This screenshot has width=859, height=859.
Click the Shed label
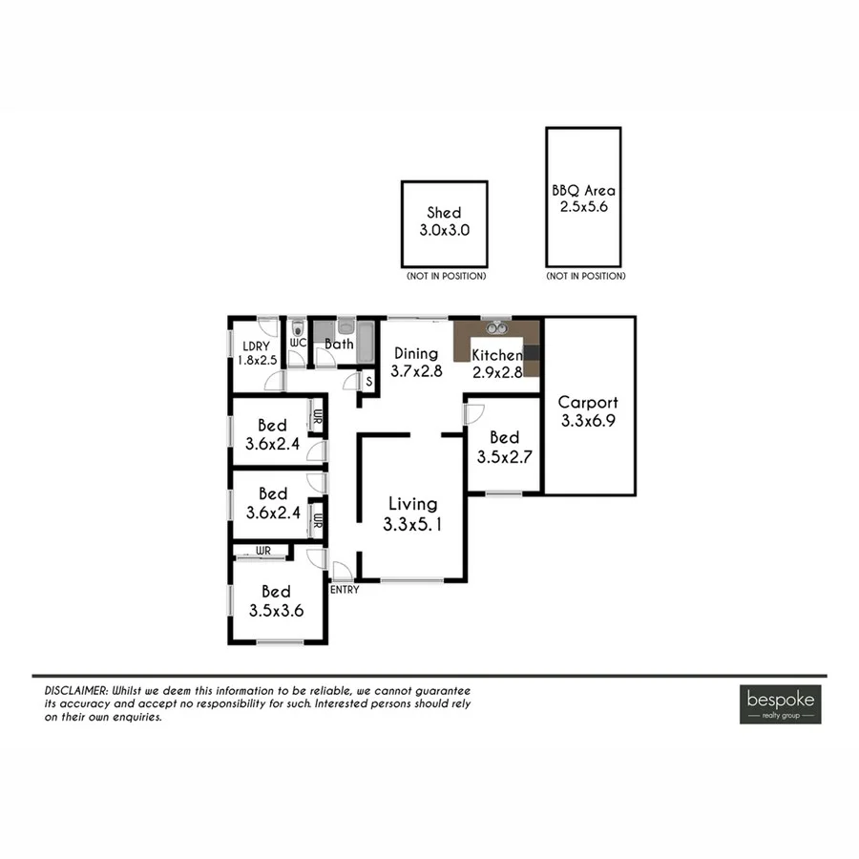pyautogui.click(x=444, y=213)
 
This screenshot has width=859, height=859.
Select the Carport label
pyautogui.click(x=588, y=403)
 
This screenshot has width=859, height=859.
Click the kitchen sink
pyautogui.click(x=496, y=328)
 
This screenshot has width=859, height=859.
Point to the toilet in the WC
pyautogui.click(x=297, y=326)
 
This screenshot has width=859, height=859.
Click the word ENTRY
pyautogui.click(x=345, y=589)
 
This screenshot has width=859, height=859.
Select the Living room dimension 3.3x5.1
pyautogui.click(x=411, y=523)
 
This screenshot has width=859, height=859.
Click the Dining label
pyautogui.click(x=416, y=354)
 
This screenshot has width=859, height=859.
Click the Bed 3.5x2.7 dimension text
pyautogui.click(x=504, y=456)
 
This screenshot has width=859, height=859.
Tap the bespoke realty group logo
pyautogui.click(x=780, y=703)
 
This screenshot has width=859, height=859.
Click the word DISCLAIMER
pyautogui.click(x=75, y=690)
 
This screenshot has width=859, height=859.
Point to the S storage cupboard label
pyautogui.click(x=369, y=381)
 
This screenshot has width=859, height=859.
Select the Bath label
pyautogui.click(x=339, y=345)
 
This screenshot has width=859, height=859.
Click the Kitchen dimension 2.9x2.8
pyautogui.click(x=498, y=372)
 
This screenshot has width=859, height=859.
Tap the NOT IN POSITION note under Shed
pyautogui.click(x=444, y=276)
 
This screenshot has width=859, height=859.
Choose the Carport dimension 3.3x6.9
pyautogui.click(x=588, y=420)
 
